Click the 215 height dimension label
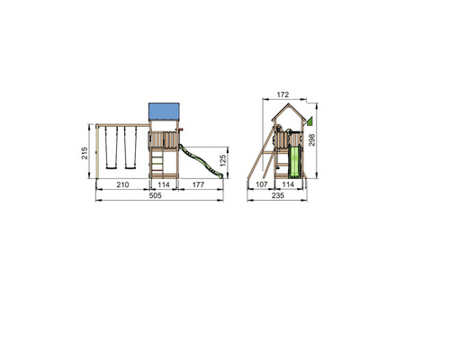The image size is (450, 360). coord(85,153)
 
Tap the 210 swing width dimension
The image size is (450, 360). coord(122,184)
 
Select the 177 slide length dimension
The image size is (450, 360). coord(198,184)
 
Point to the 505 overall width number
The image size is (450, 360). coord(155,195)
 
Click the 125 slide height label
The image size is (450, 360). coord(223,160)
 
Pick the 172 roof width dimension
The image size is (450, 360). coord(283,94)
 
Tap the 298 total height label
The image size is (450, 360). coord(312,140)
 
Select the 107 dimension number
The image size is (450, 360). coord(261,184)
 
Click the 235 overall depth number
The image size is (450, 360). coord(278,195)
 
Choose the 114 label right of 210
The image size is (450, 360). coord(164,184)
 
